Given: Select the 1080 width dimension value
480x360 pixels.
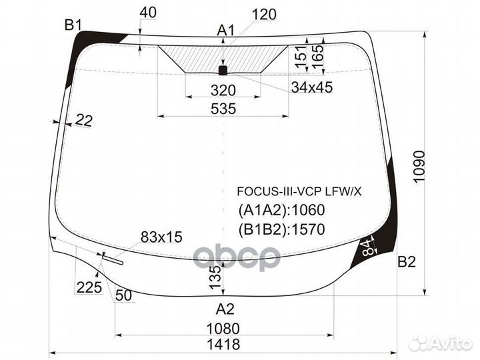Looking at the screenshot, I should pyautogui.click(x=223, y=329).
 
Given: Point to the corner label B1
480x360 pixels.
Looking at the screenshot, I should pyautogui.click(x=73, y=25).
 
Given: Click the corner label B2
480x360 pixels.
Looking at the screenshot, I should pyautogui.click(x=407, y=262).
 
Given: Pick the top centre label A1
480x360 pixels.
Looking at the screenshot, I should pyautogui.click(x=227, y=30).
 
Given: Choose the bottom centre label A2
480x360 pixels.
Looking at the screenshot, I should pyautogui.click(x=225, y=309).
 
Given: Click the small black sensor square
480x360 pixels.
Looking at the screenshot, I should pyautogui.click(x=223, y=69).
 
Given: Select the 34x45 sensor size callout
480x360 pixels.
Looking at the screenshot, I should pyautogui.click(x=312, y=87).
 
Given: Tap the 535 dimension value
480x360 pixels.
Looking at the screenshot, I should pyautogui.click(x=223, y=109).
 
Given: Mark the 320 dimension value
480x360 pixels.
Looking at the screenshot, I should pyautogui.click(x=223, y=91).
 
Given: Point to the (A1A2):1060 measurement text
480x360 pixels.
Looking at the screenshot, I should pyautogui.click(x=281, y=211).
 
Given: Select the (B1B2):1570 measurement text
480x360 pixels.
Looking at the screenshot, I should pyautogui.click(x=281, y=230).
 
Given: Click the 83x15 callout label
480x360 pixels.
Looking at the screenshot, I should pyautogui.click(x=161, y=237).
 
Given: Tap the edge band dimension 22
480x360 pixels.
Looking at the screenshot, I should pyautogui.click(x=83, y=120).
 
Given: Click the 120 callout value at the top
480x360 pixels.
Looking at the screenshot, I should pyautogui.click(x=264, y=15).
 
